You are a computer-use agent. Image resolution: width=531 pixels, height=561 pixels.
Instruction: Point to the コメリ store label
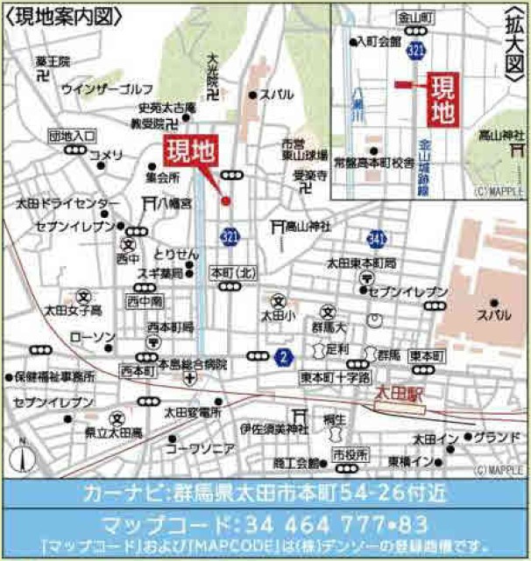point(107,156)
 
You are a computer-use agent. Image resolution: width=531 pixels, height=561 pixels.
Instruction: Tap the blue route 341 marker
point(377,238)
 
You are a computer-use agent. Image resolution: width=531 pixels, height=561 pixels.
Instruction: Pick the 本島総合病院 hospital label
point(187,364)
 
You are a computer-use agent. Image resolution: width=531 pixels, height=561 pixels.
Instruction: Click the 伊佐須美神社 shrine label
point(274,429)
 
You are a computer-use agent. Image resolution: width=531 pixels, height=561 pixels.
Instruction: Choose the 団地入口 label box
point(73,136)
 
